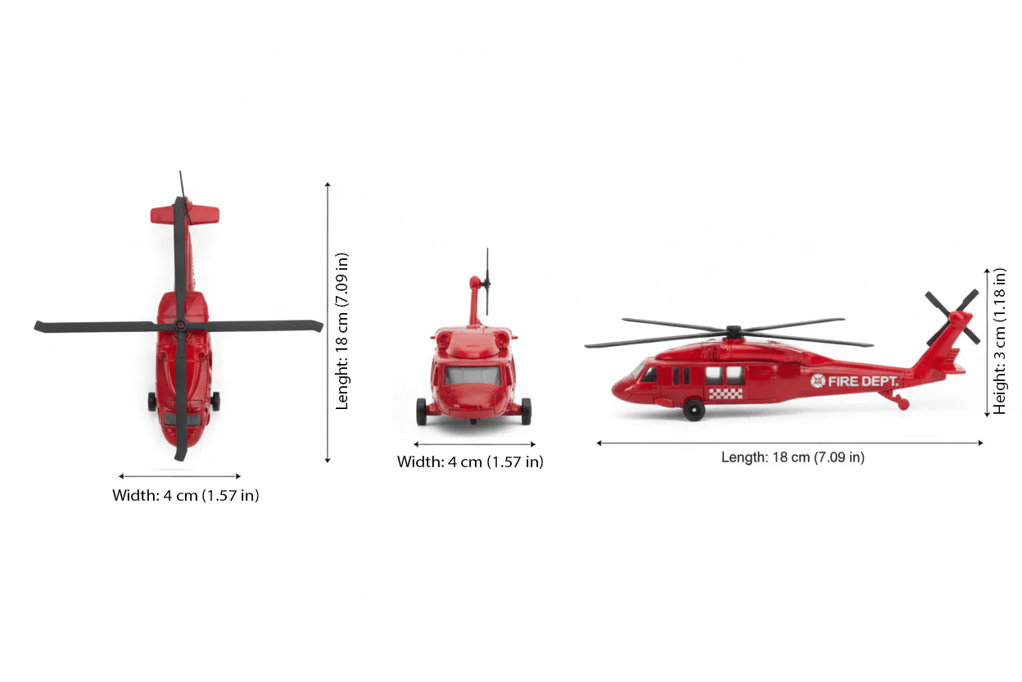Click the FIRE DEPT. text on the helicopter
coord(863,381)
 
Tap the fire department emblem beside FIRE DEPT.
coord(818,381)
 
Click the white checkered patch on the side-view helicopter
coord(726,393)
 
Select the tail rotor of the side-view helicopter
coord(952,316)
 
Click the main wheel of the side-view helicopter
coord(694,410)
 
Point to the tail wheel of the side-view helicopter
coord(903,404)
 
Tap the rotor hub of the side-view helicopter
coord(732,332)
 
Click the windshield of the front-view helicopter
coord(473,375)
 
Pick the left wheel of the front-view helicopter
coord(421,411)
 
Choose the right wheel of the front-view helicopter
coord(526,411)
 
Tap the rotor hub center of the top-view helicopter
coord(179,326)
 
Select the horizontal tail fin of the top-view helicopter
coord(185,215)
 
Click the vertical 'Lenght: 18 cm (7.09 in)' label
coord(342,330)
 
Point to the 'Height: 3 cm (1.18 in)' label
coord(1000,340)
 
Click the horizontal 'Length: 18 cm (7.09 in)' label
coord(792,457)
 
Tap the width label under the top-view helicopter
coord(186,495)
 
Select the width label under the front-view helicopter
coord(470,461)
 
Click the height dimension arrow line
coord(988,342)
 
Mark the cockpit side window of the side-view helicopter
coord(649,375)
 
